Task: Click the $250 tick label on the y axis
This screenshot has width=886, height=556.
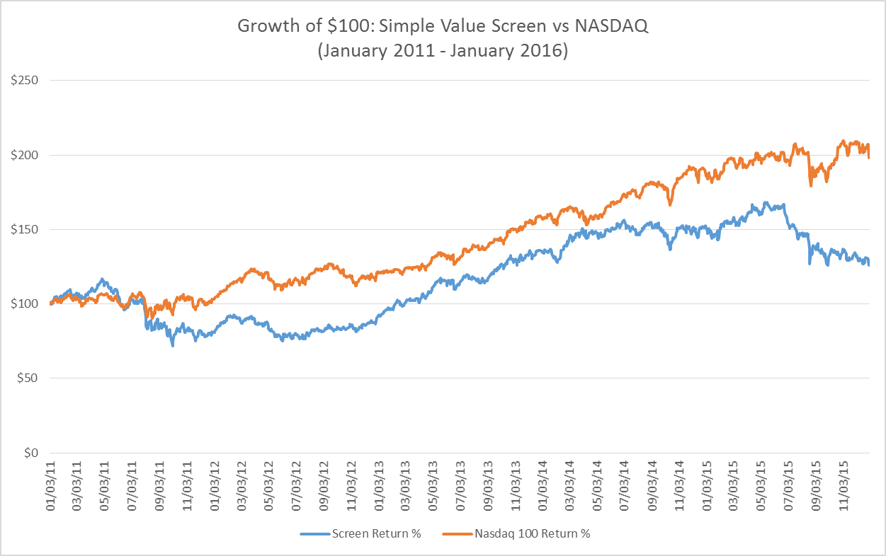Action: tap(24, 81)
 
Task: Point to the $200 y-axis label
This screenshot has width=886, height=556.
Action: tap(24, 155)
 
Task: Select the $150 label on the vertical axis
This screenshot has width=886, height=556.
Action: tap(24, 229)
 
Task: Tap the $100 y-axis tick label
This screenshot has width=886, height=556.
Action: tap(24, 303)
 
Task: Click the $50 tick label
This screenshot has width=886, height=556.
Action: tap(27, 378)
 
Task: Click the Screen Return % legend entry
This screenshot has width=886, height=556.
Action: tap(376, 533)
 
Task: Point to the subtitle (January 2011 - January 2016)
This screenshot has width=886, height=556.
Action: tap(443, 52)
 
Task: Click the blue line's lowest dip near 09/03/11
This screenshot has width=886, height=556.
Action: tap(172, 344)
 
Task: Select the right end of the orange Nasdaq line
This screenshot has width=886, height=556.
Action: tap(869, 157)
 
